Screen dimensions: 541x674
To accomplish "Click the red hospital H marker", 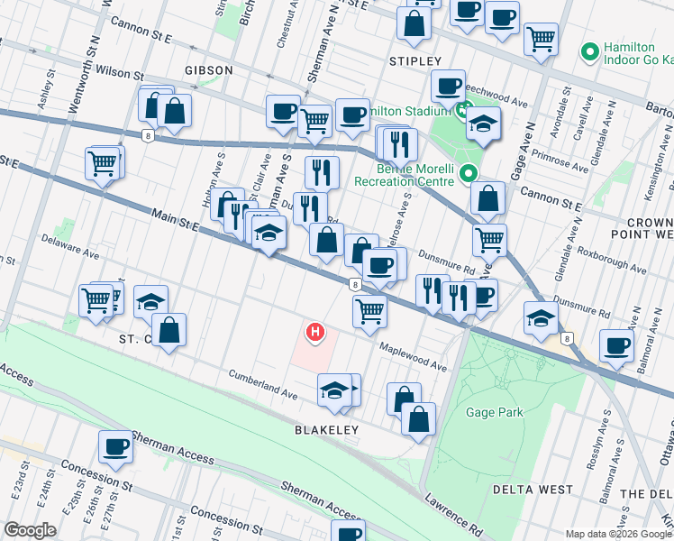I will tap(315, 334).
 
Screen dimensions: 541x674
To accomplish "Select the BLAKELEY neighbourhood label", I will tap(327, 430).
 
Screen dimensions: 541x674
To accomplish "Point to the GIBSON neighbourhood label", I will tap(208, 69).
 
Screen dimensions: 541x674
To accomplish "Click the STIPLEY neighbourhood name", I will tap(414, 60).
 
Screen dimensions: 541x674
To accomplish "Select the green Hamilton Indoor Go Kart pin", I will tap(591, 52).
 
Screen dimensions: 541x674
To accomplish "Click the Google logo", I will tap(30, 530).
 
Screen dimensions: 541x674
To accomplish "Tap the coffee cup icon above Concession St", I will tap(116, 446).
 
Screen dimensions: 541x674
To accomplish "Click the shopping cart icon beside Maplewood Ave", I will tap(369, 311).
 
